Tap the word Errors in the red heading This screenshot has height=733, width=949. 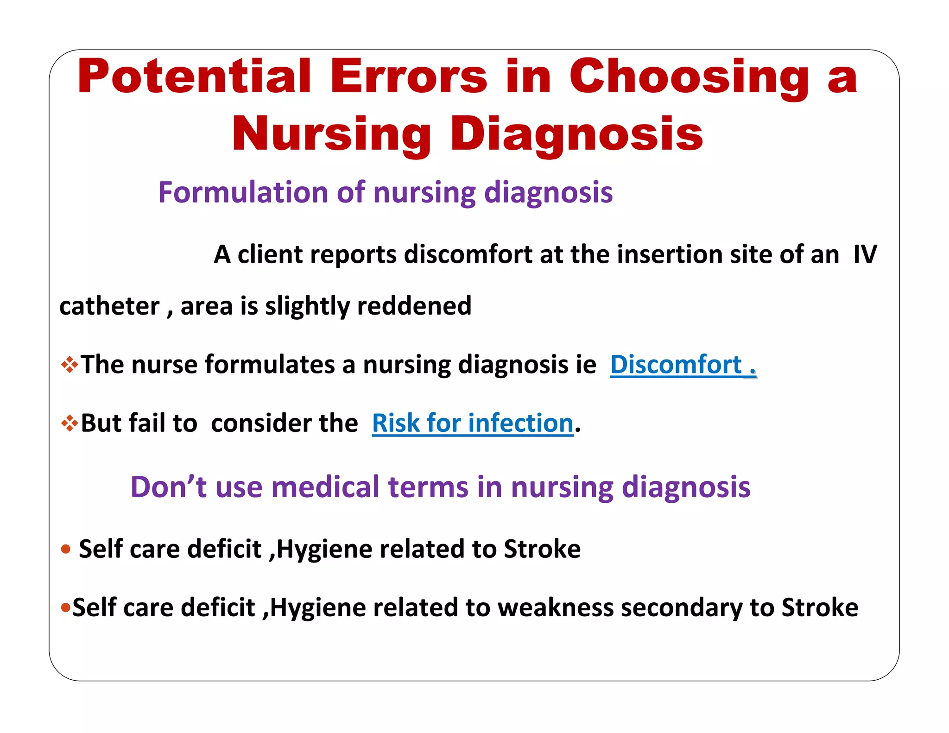coord(408,77)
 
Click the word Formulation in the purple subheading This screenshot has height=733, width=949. coord(243,192)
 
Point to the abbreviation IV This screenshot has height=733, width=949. coord(865,254)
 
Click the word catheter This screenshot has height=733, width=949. coord(109,306)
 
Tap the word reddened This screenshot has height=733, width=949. coord(414,306)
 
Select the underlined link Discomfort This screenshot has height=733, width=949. coord(676,365)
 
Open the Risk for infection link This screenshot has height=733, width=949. coord(473,423)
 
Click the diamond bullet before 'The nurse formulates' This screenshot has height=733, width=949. coord(70,365)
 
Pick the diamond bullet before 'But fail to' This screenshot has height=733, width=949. coord(70,423)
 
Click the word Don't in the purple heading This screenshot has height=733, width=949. coord(168,487)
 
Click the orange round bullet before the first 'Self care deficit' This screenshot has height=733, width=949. coord(66,550)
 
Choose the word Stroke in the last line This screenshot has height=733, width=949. coord(820,607)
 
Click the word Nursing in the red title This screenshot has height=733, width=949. coord(332,134)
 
